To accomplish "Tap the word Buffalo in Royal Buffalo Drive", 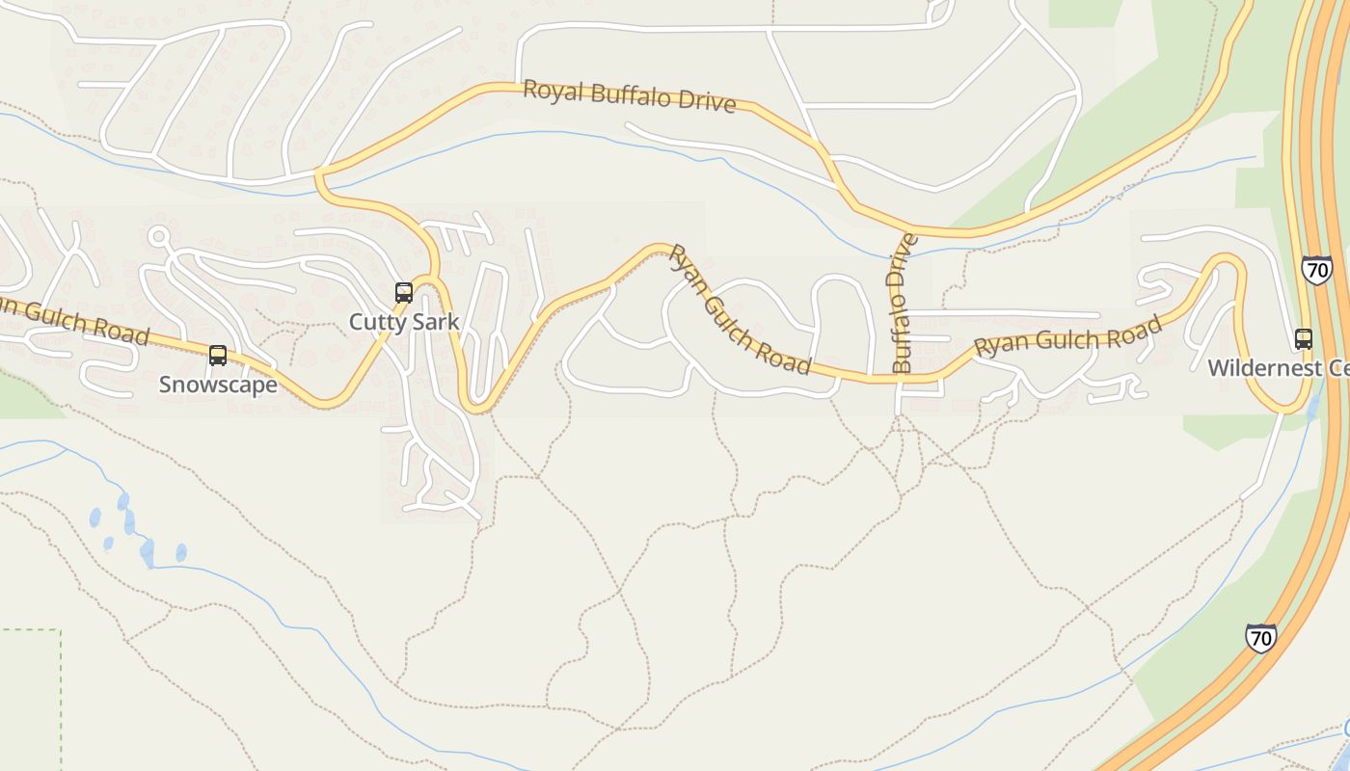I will [630, 96].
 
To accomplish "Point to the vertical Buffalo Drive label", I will [903, 303].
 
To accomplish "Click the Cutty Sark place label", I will [404, 322].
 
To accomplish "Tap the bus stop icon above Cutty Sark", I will [404, 292].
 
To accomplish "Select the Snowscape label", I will [218, 385].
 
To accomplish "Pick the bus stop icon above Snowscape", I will [218, 356].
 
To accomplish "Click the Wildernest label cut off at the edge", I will [1277, 368].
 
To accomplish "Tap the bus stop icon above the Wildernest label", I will [1304, 339].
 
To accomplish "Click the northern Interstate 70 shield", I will [1316, 269].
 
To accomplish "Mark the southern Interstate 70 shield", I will [1260, 637].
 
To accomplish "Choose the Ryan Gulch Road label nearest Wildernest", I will [1068, 337].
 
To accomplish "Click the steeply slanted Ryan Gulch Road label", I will [740, 308].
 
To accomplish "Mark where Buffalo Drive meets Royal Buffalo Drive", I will [907, 230].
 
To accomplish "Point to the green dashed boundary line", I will [60, 694].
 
